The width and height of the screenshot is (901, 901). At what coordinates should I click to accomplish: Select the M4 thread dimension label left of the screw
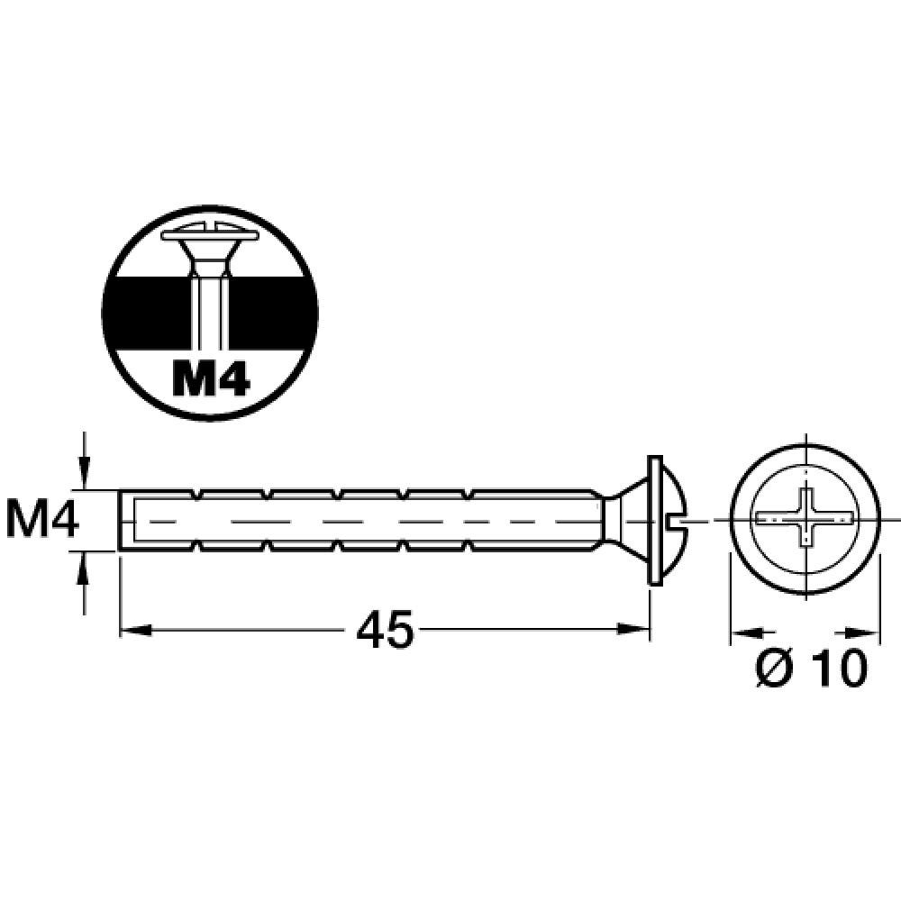(x=41, y=521)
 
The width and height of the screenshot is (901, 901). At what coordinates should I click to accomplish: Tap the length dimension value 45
(x=385, y=629)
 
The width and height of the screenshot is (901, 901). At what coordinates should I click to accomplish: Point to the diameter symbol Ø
(x=776, y=668)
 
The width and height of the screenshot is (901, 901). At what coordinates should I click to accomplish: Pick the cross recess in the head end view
(x=805, y=519)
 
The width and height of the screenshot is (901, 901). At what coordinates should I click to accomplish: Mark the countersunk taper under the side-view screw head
(x=622, y=521)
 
